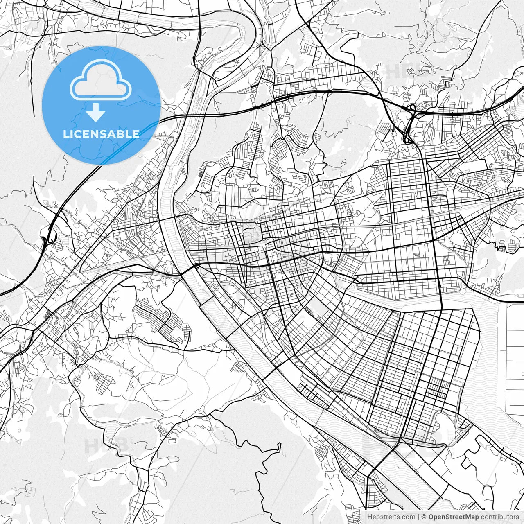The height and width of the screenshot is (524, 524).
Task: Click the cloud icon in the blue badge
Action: tap(100, 80)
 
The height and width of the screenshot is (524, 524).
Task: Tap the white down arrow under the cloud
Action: tap(96, 112)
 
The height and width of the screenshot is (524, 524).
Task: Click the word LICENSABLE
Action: tap(101, 133)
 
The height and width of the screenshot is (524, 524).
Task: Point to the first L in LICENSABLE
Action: tap(65, 133)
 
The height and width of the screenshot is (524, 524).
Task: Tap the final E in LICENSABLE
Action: tap(136, 133)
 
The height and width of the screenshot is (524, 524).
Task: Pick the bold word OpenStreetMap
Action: tap(454, 517)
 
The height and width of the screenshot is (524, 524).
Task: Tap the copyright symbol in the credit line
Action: tap(424, 517)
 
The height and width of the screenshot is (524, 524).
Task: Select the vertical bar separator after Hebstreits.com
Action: tap(418, 517)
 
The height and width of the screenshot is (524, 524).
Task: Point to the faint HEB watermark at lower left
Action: tap(102, 444)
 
